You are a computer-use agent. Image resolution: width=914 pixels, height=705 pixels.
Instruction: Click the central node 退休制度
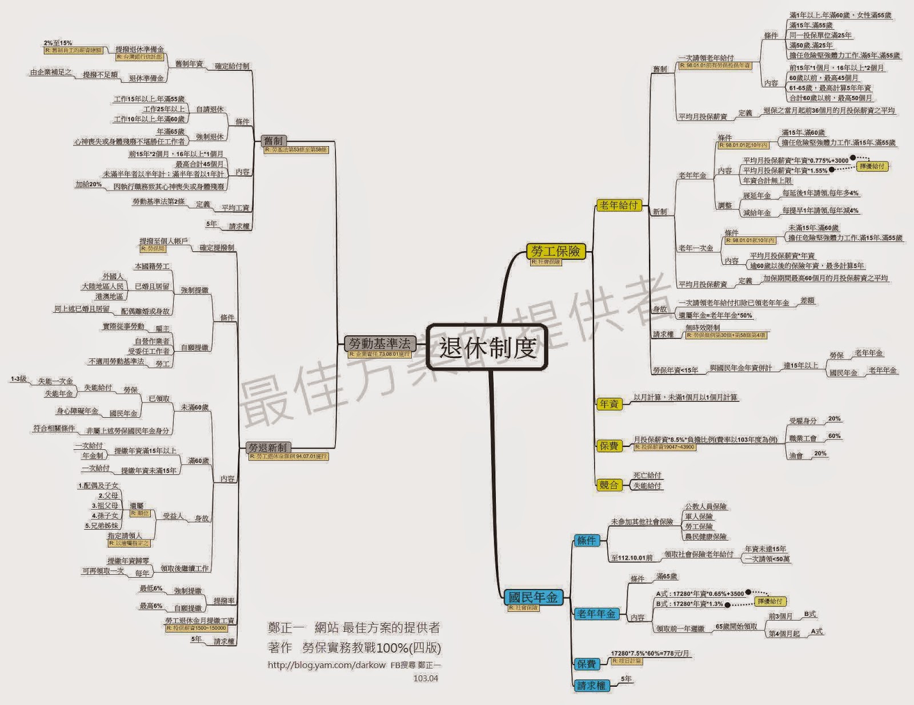tap(487, 347)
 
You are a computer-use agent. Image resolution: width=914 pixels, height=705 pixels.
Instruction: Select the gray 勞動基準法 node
tap(380, 343)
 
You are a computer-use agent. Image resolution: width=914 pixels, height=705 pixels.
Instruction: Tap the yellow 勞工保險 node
tap(555, 251)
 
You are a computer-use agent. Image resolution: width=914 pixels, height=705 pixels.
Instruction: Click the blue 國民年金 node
tap(533, 597)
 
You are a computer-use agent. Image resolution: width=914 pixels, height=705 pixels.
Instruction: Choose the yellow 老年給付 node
tap(619, 205)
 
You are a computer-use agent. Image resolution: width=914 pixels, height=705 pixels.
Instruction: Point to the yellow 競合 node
tap(609, 485)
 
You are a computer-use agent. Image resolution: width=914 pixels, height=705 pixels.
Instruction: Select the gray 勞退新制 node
tap(268, 448)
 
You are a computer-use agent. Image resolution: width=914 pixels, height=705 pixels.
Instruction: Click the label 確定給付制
tap(232, 66)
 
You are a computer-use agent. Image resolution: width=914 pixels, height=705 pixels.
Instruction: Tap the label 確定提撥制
tap(217, 248)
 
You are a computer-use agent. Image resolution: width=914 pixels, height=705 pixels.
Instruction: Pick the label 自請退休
tap(210, 109)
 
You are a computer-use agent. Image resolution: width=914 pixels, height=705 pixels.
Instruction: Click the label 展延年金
tap(757, 195)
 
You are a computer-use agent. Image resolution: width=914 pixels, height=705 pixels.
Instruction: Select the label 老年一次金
tap(696, 248)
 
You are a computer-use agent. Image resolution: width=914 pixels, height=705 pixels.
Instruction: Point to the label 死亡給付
tap(647, 475)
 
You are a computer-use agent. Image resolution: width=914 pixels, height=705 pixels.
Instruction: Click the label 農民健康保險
tap(706, 537)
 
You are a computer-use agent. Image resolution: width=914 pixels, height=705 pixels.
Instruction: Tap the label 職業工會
tap(803, 438)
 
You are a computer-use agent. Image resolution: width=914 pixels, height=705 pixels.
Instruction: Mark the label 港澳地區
tap(109, 296)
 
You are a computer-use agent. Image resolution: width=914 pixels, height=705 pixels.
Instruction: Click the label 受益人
tap(173, 516)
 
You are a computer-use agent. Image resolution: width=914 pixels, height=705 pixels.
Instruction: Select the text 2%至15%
tap(58, 43)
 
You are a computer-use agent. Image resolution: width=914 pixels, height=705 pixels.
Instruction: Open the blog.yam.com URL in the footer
tap(327, 665)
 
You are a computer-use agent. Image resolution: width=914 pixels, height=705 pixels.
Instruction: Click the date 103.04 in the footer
tap(426, 678)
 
